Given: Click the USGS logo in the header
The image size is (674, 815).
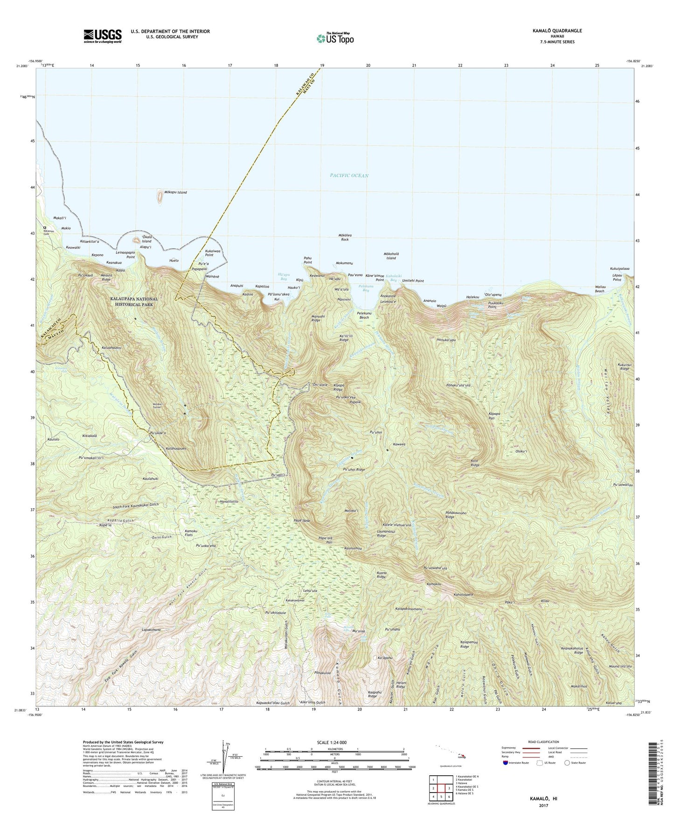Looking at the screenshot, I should tap(102, 36).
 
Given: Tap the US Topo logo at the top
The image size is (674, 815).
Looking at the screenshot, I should tap(334, 38).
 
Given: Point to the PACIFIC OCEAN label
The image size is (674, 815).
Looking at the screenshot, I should tap(349, 176).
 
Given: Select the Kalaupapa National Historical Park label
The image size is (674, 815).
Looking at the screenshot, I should tap(134, 302).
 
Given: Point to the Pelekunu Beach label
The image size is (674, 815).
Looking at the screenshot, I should tap(364, 315).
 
